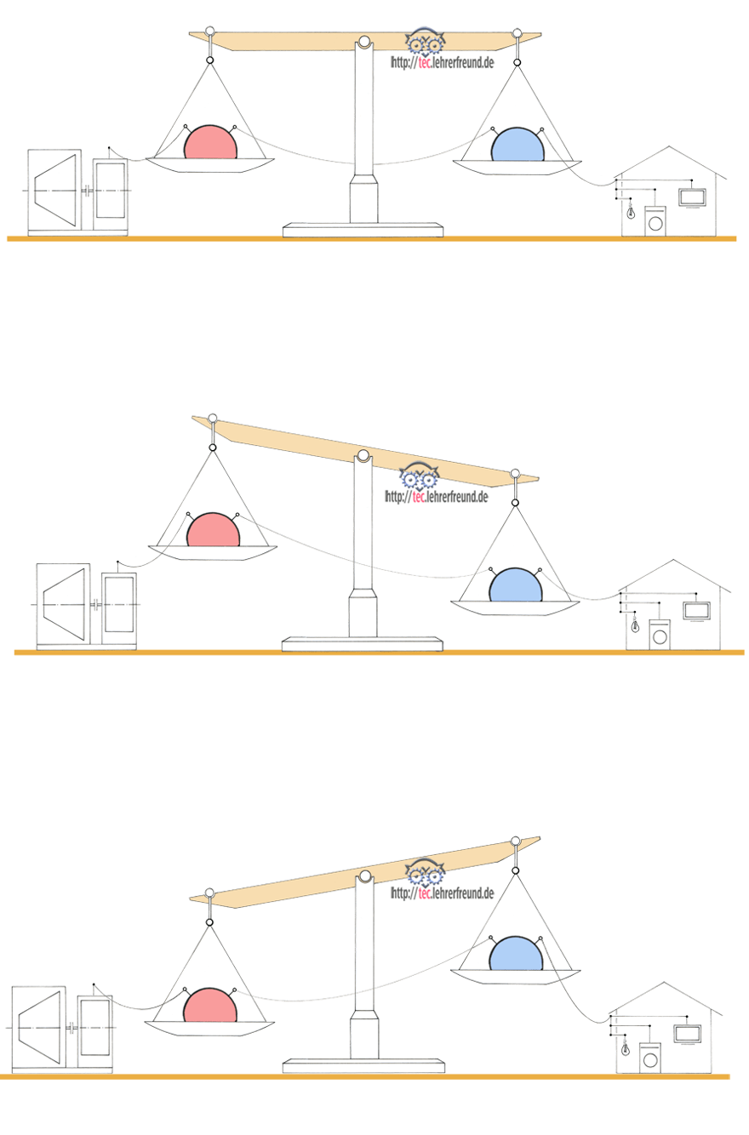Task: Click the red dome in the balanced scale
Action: point(210,144)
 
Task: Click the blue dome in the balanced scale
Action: point(517,145)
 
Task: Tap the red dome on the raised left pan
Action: point(214,531)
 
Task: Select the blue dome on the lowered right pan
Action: point(516,585)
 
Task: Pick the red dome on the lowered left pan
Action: point(209,1006)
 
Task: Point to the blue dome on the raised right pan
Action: point(516,954)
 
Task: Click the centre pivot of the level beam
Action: point(363,42)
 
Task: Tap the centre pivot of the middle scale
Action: point(363,456)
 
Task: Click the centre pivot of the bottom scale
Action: point(365,876)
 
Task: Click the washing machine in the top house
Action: point(655,221)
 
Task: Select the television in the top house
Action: point(692,197)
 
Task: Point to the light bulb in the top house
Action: point(631,211)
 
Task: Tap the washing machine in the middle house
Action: point(660,635)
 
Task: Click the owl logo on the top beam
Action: point(426,42)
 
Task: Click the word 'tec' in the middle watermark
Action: point(419,497)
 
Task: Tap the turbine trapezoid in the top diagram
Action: point(54,189)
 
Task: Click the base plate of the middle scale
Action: point(363,644)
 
